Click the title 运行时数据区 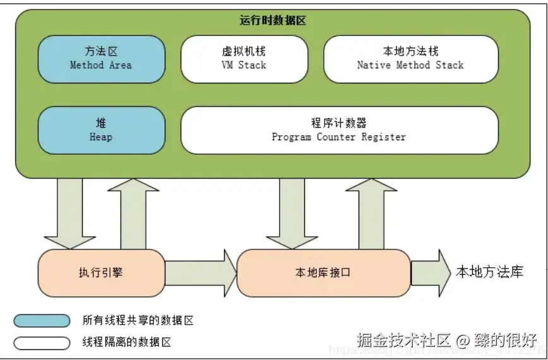273,20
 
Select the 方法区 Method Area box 101,58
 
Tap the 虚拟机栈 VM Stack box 244,58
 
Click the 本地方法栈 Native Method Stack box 410,58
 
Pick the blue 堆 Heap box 101,129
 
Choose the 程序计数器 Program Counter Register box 339,129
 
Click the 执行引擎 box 101,273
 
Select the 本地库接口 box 323,273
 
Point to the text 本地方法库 490,272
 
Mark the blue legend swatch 42,321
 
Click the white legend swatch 42,343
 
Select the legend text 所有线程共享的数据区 138,321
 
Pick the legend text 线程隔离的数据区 127,343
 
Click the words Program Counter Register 339,137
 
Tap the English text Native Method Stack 410,65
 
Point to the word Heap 101,137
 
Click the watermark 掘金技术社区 404,340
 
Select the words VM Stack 244,65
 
